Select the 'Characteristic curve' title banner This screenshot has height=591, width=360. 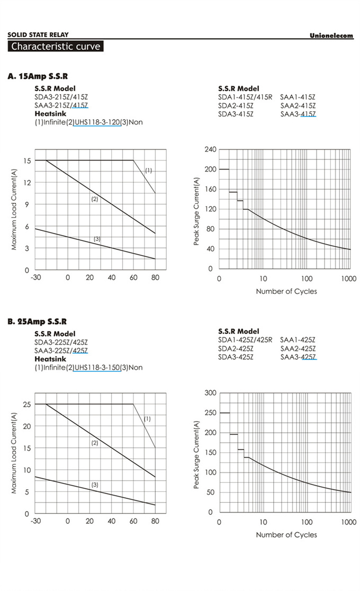pyautogui.click(x=55, y=46)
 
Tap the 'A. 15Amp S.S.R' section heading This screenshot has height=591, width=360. pyautogui.click(x=38, y=76)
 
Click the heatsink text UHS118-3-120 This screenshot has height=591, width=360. pyautogui.click(x=97, y=122)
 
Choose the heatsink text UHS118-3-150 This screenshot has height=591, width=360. pyautogui.click(x=97, y=368)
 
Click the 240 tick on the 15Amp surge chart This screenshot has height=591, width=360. pyautogui.click(x=210, y=150)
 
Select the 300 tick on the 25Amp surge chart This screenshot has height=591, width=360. pyautogui.click(x=210, y=393)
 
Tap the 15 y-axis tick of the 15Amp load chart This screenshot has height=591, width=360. pyautogui.click(x=25, y=160)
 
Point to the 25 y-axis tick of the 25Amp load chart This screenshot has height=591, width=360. pyautogui.click(x=25, y=405)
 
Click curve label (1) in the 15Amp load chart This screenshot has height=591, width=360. pyautogui.click(x=149, y=171)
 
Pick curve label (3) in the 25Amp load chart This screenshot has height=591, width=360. pyautogui.click(x=95, y=485)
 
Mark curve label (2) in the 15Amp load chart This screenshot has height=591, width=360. pyautogui.click(x=95, y=199)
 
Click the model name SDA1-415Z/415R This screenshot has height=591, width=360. pyautogui.click(x=245, y=97)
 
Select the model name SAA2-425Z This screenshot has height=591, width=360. pyautogui.click(x=298, y=349)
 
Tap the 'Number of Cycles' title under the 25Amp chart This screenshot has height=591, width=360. pyautogui.click(x=286, y=535)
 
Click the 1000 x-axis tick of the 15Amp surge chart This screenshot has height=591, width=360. pyautogui.click(x=349, y=279)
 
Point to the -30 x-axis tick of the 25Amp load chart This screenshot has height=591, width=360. pyautogui.click(x=35, y=522)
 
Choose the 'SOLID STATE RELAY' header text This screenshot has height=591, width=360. pyautogui.click(x=38, y=35)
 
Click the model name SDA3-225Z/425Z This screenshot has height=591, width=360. pyautogui.click(x=61, y=342)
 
